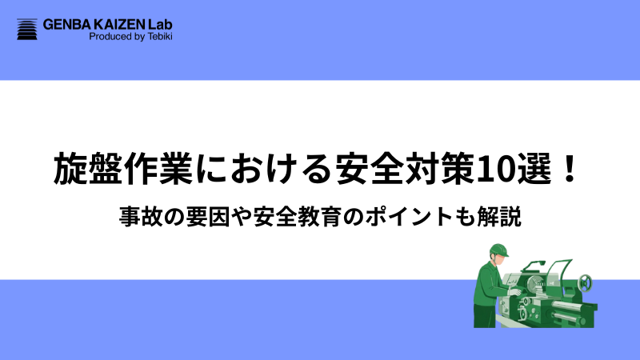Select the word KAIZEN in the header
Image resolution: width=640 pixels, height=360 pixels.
tap(121, 24)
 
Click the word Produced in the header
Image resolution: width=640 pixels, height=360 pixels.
tap(108, 37)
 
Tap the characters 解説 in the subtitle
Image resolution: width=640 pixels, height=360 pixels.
tap(503, 217)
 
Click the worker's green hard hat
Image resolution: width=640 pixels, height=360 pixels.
tap(498, 248)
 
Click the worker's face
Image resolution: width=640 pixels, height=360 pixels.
tap(502, 258)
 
